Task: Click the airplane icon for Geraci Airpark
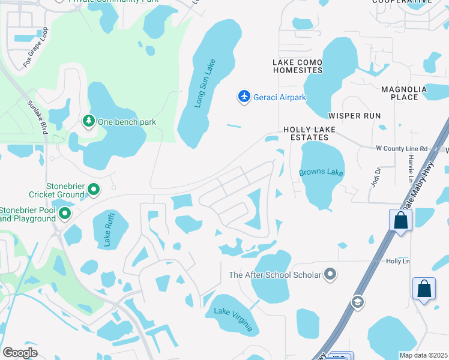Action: click(x=244, y=97)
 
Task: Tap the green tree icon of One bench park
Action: click(x=89, y=122)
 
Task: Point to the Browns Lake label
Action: click(x=321, y=173)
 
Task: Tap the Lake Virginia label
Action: click(x=237, y=320)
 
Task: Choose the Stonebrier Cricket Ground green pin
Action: click(x=94, y=190)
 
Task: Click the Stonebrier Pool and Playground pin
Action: click(x=65, y=213)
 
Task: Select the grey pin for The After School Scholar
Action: click(x=330, y=275)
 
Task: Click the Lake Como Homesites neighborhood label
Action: click(x=297, y=66)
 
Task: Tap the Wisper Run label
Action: click(x=355, y=115)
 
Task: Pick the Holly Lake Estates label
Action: click(x=309, y=133)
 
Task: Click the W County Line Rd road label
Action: click(x=401, y=149)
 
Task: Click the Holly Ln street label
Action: click(x=397, y=261)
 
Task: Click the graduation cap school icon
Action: click(x=358, y=301)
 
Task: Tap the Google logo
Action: click(x=20, y=352)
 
